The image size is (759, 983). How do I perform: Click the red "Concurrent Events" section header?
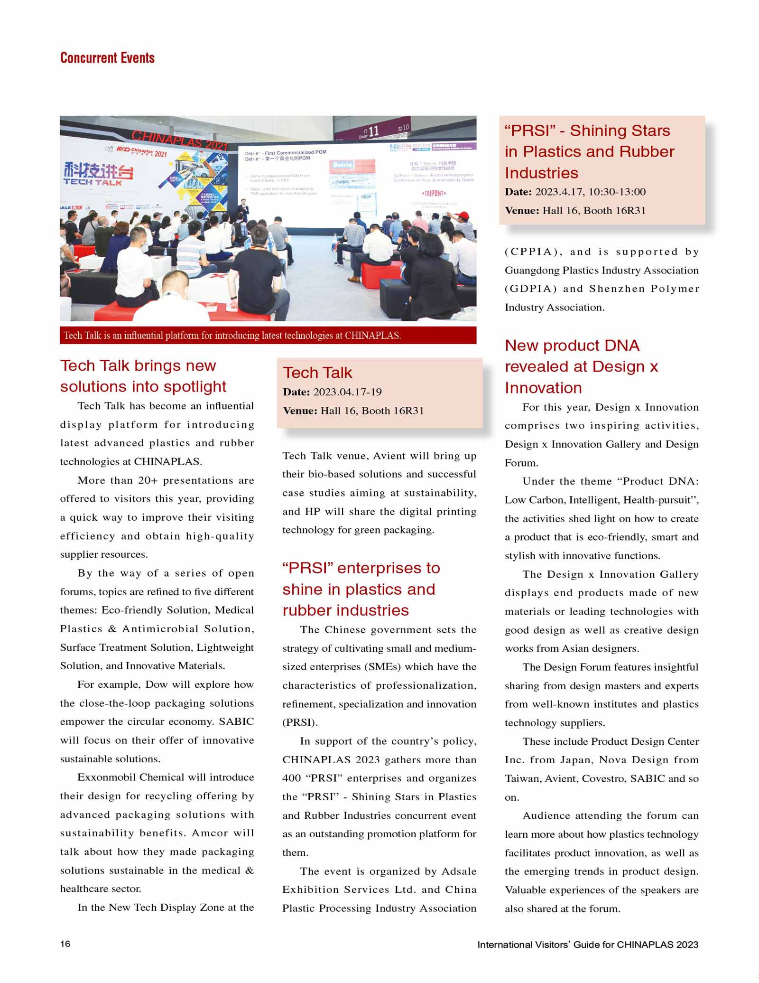tap(107, 58)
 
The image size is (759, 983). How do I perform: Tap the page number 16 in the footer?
tap(65, 943)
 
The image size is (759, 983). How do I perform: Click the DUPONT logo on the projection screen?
tap(434, 193)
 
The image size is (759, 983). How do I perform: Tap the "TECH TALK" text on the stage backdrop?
tap(93, 182)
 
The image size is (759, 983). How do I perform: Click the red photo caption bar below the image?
tap(268, 335)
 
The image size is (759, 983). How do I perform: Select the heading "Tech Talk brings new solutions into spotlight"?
tap(143, 376)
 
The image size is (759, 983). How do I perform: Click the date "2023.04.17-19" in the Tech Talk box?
tap(347, 392)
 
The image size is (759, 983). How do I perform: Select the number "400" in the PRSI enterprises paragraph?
tap(292, 778)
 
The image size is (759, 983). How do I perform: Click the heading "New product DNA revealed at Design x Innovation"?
tap(581, 366)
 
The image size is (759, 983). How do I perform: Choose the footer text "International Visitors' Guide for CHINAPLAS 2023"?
tap(587, 944)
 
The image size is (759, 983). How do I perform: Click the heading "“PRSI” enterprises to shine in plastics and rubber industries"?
tap(361, 589)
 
